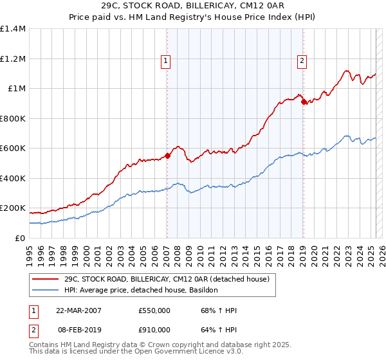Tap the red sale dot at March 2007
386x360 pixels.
tap(167, 155)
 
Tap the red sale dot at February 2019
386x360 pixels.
tap(303, 101)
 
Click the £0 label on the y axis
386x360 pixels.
tap(20, 238)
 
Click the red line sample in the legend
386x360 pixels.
tap(46, 278)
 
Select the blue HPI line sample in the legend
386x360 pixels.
tap(46, 290)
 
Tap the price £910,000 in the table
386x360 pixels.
tap(154, 330)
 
